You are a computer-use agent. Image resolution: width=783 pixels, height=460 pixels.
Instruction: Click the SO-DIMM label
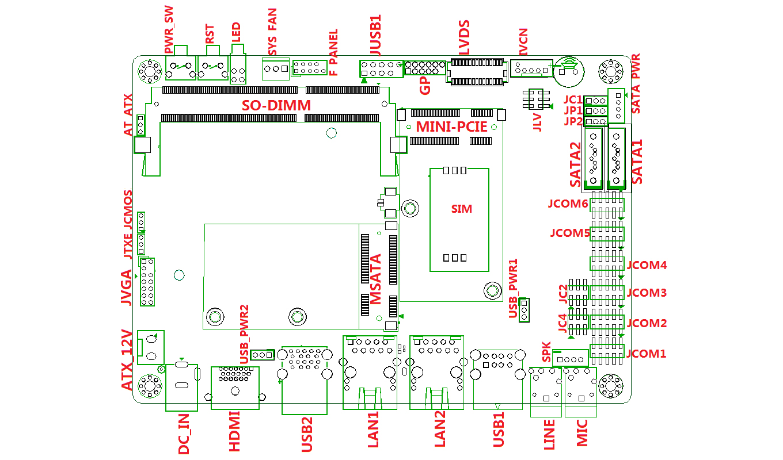click(276, 105)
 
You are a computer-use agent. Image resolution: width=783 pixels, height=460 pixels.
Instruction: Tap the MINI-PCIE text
click(452, 126)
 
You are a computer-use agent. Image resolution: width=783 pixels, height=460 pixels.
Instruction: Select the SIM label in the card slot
click(461, 209)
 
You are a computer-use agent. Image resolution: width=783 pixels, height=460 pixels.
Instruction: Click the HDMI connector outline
click(235, 388)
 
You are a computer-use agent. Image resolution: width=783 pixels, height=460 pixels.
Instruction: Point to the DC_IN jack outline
click(181, 386)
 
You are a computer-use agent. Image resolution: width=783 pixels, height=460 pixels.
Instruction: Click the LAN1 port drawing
click(370, 372)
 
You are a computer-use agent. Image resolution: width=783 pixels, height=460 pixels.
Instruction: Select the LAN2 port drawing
click(436, 372)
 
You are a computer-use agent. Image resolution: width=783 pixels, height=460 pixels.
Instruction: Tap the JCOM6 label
click(568, 204)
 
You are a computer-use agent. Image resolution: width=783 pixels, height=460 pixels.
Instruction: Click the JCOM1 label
click(646, 354)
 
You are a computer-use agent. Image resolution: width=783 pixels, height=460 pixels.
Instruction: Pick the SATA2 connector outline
click(593, 159)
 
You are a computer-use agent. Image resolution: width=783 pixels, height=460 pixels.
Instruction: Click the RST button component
click(212, 68)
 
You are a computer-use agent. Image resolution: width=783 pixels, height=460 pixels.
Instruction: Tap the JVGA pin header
click(147, 282)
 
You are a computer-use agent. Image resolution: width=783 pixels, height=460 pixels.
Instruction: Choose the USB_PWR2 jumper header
click(263, 355)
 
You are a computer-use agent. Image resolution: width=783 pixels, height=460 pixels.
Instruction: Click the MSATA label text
click(376, 279)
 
